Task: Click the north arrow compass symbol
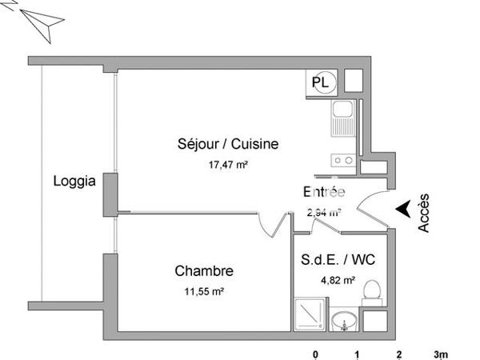point(40,22)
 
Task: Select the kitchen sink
point(342,119)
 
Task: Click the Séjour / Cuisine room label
point(228,145)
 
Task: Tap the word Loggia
point(74,181)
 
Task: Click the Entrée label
point(324,192)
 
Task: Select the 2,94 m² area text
point(324,213)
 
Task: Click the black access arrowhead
point(405,208)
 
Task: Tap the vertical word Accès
point(425,213)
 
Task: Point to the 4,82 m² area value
point(334,280)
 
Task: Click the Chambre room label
point(204,271)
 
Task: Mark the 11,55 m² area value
point(204,292)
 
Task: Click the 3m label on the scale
point(441,354)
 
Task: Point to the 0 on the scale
point(315,354)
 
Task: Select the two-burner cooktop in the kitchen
point(343,159)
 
